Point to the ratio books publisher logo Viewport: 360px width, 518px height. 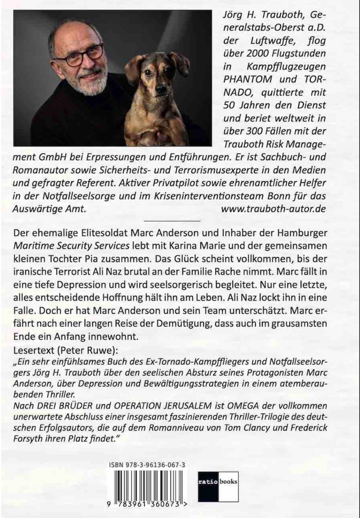coord(218,483)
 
